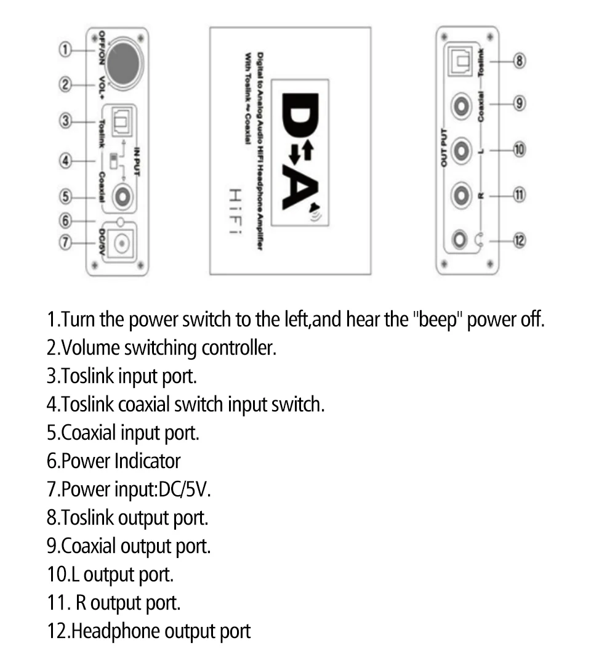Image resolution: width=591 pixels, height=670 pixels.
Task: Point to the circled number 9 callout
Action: coord(519,103)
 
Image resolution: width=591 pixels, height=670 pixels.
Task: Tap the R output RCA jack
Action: coord(461,196)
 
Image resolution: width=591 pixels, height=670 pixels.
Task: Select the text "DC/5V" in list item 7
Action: coord(184,490)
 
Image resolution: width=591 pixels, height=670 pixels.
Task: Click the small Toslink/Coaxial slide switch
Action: coord(113,161)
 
